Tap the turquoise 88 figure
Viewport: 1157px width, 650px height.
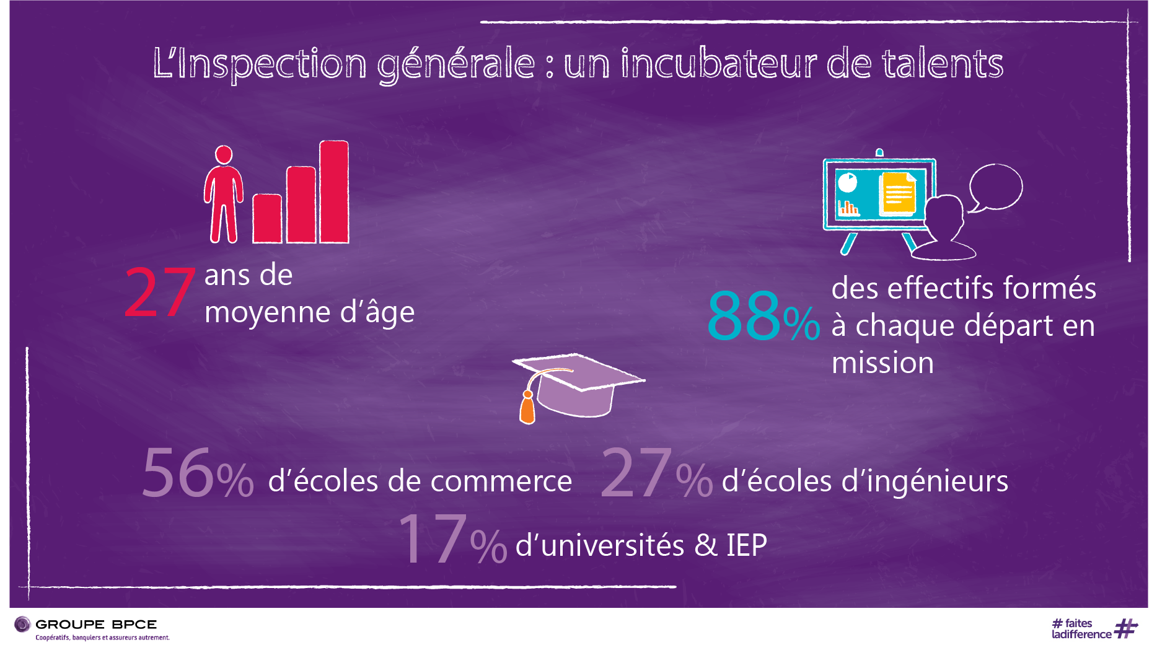[x=744, y=316]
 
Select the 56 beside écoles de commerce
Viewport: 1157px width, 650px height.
[x=178, y=473]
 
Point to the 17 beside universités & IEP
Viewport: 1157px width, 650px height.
[x=432, y=538]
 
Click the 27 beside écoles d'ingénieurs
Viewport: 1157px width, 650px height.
[x=636, y=473]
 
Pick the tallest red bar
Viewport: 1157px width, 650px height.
[x=334, y=192]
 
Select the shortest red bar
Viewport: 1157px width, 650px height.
[x=267, y=218]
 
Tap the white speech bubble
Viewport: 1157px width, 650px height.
[x=995, y=187]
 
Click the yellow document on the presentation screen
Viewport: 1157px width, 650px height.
[x=898, y=193]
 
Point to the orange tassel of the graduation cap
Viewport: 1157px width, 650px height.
[x=527, y=408]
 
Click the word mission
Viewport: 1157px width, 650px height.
[x=882, y=363]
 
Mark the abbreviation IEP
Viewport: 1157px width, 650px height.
[x=747, y=546]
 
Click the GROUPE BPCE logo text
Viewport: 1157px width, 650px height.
[x=96, y=625]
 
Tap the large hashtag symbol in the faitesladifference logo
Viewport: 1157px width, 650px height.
[x=1125, y=628]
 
